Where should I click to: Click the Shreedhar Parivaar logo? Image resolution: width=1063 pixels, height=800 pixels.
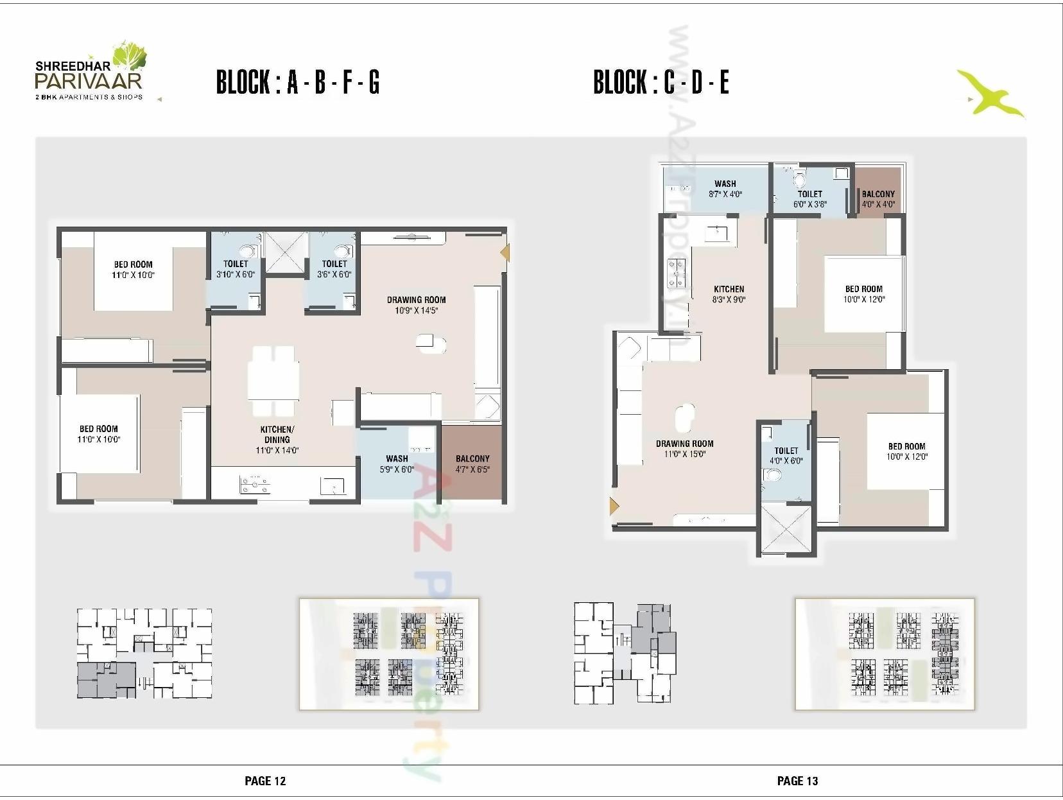click(90, 72)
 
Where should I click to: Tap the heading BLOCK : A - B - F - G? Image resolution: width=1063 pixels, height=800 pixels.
click(298, 82)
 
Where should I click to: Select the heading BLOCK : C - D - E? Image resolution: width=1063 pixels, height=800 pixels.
click(661, 82)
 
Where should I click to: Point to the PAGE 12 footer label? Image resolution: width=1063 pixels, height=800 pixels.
click(265, 781)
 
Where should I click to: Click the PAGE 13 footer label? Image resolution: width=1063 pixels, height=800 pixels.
click(797, 781)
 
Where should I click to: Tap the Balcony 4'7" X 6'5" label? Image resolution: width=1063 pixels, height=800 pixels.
click(472, 464)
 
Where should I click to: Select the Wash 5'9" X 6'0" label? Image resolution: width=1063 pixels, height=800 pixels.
click(397, 464)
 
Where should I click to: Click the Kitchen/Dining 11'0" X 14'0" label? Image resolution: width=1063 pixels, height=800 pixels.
click(277, 440)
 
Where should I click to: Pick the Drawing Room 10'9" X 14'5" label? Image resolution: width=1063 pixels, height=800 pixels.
click(416, 305)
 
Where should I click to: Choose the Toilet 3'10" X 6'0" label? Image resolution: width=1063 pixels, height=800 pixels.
click(236, 269)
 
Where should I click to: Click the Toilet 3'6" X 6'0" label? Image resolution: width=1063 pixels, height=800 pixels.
click(334, 269)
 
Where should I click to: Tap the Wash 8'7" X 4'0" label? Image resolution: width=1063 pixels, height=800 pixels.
click(725, 189)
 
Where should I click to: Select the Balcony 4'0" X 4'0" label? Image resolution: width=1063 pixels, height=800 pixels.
click(878, 199)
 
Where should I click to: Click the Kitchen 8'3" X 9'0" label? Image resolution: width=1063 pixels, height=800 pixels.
click(729, 294)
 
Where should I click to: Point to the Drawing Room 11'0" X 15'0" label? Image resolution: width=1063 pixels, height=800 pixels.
click(685, 449)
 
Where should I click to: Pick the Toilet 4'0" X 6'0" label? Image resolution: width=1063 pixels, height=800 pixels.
click(786, 456)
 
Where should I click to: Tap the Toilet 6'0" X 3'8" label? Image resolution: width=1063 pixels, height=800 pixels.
click(810, 199)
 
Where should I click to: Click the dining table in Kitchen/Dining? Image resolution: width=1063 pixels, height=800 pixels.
click(273, 381)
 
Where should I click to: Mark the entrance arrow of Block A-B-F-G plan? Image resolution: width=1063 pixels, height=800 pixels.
click(505, 252)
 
